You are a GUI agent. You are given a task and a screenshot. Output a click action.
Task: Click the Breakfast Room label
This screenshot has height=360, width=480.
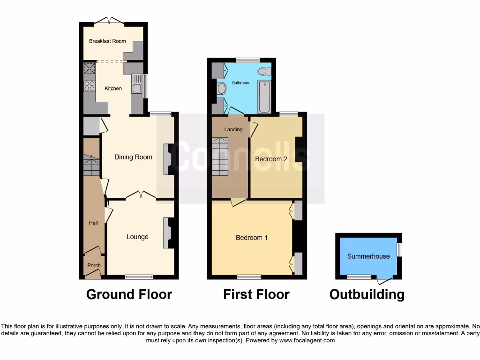(x=107, y=41)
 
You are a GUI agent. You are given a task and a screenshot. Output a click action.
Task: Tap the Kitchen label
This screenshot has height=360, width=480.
(x=113, y=88)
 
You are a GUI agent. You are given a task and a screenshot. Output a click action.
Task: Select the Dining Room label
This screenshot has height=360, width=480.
(x=133, y=157)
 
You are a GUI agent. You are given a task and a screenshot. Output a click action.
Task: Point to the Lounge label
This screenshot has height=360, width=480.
(x=137, y=237)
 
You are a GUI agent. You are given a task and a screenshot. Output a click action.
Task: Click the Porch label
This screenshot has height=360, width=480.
(x=94, y=265)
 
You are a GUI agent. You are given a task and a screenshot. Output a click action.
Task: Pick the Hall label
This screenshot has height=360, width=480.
(x=93, y=223)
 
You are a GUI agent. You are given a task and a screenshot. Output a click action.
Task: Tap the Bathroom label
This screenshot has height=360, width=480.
(x=241, y=83)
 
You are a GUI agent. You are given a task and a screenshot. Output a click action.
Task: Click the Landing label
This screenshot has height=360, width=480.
(x=233, y=129)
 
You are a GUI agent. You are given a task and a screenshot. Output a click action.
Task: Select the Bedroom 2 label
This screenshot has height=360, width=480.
(x=271, y=159)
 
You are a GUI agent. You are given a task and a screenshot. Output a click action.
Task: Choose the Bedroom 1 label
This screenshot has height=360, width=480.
(x=252, y=238)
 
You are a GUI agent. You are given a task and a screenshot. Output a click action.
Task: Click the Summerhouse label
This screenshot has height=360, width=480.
(x=368, y=256)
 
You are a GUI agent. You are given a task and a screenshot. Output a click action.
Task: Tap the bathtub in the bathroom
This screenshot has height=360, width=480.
(x=264, y=97)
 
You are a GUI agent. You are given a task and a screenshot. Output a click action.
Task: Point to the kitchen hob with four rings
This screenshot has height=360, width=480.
(x=89, y=86)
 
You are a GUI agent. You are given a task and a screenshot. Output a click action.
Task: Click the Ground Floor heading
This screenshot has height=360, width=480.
(x=129, y=294)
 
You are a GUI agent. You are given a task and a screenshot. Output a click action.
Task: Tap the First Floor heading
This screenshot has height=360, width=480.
(x=256, y=294)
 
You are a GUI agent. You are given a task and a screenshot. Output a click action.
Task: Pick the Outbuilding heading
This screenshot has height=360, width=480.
(x=367, y=294)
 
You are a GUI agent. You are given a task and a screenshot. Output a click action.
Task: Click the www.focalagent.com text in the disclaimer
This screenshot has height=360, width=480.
(x=307, y=340)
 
